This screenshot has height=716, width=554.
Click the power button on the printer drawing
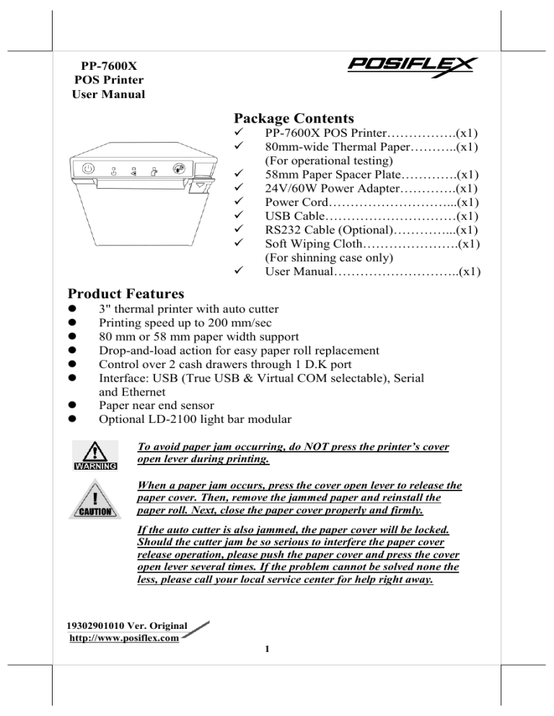87,169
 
